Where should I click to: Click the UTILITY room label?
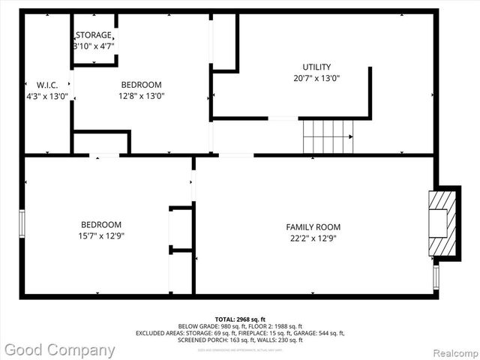pyautogui.click(x=316, y=67)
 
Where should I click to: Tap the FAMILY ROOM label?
pyautogui.click(x=313, y=227)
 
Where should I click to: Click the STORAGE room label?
pyautogui.click(x=94, y=35)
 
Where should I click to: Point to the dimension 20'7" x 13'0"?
pyautogui.click(x=316, y=78)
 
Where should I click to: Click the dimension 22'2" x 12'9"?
pyautogui.click(x=313, y=238)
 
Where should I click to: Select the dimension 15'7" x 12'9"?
pyautogui.click(x=101, y=235)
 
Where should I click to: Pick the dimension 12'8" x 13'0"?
pyautogui.click(x=141, y=96)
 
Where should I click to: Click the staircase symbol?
pyautogui.click(x=327, y=136)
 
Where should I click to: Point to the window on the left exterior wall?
pyautogui.click(x=22, y=223)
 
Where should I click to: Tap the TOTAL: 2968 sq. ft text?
pyautogui.click(x=240, y=319)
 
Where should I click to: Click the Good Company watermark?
pyautogui.click(x=60, y=349)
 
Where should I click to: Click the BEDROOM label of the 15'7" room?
pyautogui.click(x=101, y=224)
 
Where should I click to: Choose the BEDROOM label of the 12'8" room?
pyautogui.click(x=141, y=85)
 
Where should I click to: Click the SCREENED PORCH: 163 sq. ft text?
pyautogui.click(x=210, y=340)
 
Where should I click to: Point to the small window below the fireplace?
pyautogui.click(x=436, y=277)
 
